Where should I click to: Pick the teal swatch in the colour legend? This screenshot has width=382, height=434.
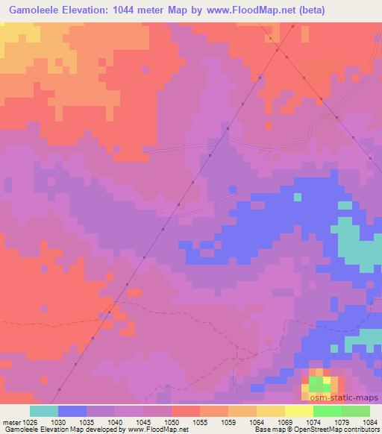click(x=44, y=411)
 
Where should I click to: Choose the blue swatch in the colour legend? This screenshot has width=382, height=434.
click(x=72, y=411)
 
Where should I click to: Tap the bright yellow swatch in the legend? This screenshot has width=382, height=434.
click(x=298, y=411)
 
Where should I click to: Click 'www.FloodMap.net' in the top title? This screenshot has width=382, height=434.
click(x=266, y=9)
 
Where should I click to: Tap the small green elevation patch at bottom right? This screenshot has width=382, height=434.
click(x=319, y=385)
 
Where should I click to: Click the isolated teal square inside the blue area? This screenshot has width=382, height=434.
click(x=298, y=197)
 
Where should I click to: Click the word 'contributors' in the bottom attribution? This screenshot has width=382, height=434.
click(x=359, y=430)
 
